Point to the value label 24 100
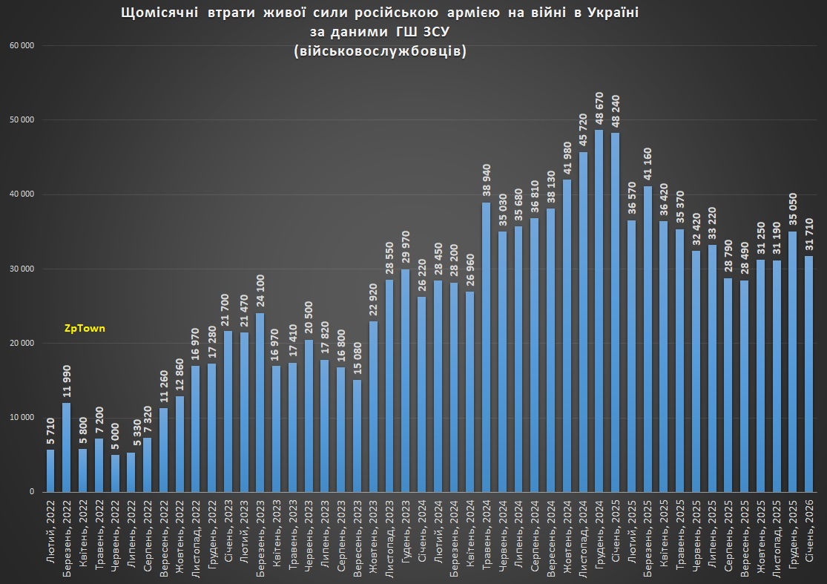point(260,292)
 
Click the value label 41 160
point(648,165)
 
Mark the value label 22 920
point(374,301)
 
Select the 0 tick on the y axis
point(32,492)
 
